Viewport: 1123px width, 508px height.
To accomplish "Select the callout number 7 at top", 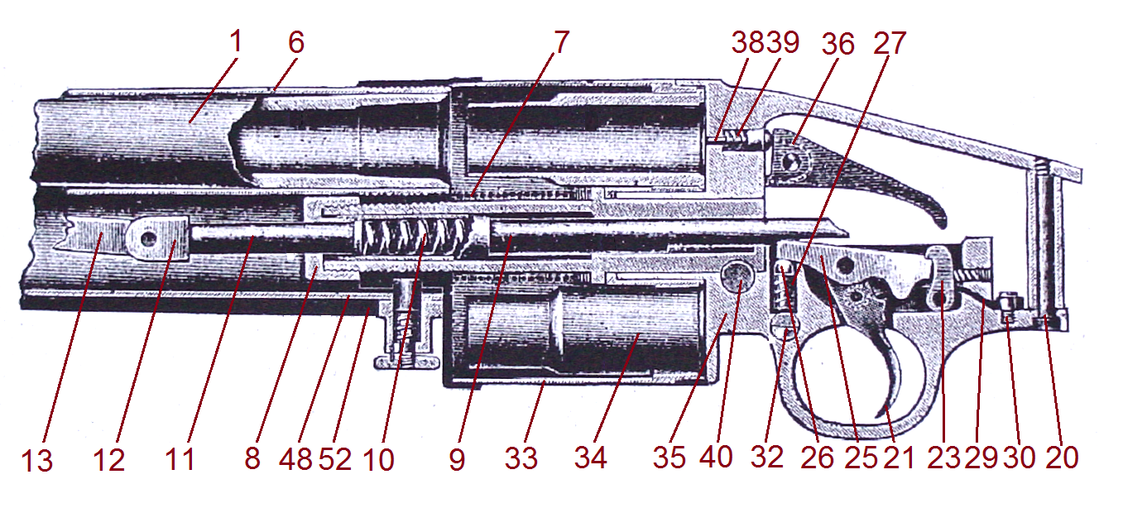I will (562, 42).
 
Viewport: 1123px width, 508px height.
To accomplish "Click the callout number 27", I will (889, 42).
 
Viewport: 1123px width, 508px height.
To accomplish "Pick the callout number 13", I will (37, 459).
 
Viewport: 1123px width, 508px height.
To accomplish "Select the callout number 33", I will (521, 459).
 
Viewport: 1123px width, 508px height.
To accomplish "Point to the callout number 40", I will (717, 459).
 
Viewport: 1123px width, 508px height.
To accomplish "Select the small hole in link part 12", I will (148, 237).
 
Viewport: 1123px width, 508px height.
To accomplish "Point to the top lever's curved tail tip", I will (940, 221).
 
